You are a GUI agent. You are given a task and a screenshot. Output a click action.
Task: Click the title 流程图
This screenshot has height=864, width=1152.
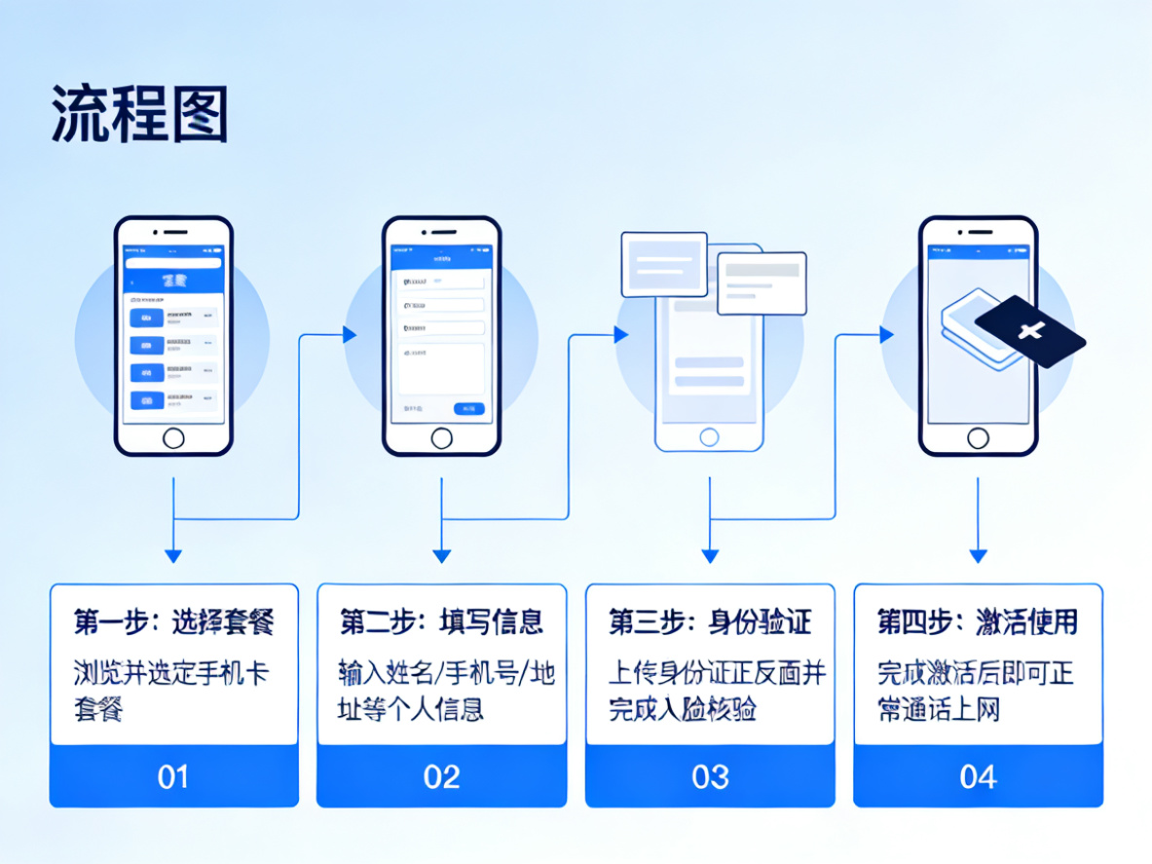139,114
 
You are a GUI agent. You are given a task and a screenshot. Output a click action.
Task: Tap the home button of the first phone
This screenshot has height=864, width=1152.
173,438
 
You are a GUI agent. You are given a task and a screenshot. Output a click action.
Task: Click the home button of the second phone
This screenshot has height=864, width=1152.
442,438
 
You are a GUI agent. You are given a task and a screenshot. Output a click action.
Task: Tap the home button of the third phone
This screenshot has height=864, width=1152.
709,437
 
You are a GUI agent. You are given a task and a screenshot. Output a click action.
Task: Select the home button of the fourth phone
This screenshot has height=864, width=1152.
978,438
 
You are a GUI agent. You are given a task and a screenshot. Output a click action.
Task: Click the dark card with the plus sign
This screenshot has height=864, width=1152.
1030,332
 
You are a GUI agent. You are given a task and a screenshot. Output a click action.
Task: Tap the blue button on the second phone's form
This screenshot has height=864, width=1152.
468,408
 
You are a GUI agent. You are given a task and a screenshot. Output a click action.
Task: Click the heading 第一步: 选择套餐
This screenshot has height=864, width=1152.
173,621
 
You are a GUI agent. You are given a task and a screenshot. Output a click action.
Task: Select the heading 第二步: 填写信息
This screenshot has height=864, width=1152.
441,621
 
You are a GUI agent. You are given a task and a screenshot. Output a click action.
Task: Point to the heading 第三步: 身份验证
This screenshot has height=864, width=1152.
709,621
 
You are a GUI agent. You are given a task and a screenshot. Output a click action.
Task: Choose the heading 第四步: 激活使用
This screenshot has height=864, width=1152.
978,621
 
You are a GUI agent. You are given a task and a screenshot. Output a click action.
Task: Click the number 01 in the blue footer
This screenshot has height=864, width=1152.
173,776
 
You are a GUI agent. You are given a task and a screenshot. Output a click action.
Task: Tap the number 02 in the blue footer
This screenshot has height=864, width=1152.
441,776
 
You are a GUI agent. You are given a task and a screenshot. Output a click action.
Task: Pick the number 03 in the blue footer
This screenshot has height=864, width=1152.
709,776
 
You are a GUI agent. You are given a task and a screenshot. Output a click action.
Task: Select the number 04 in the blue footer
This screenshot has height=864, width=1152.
978,776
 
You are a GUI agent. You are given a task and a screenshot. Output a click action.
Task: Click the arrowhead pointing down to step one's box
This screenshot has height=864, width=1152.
173,555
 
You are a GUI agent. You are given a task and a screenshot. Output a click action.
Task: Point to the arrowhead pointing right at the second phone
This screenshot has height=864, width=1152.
350,335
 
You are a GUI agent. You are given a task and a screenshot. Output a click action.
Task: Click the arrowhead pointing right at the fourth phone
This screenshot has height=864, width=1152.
886,335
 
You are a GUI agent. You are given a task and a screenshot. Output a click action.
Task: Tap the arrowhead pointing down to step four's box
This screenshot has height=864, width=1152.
978,555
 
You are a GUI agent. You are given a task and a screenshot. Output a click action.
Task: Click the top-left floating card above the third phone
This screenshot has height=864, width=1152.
663,264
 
